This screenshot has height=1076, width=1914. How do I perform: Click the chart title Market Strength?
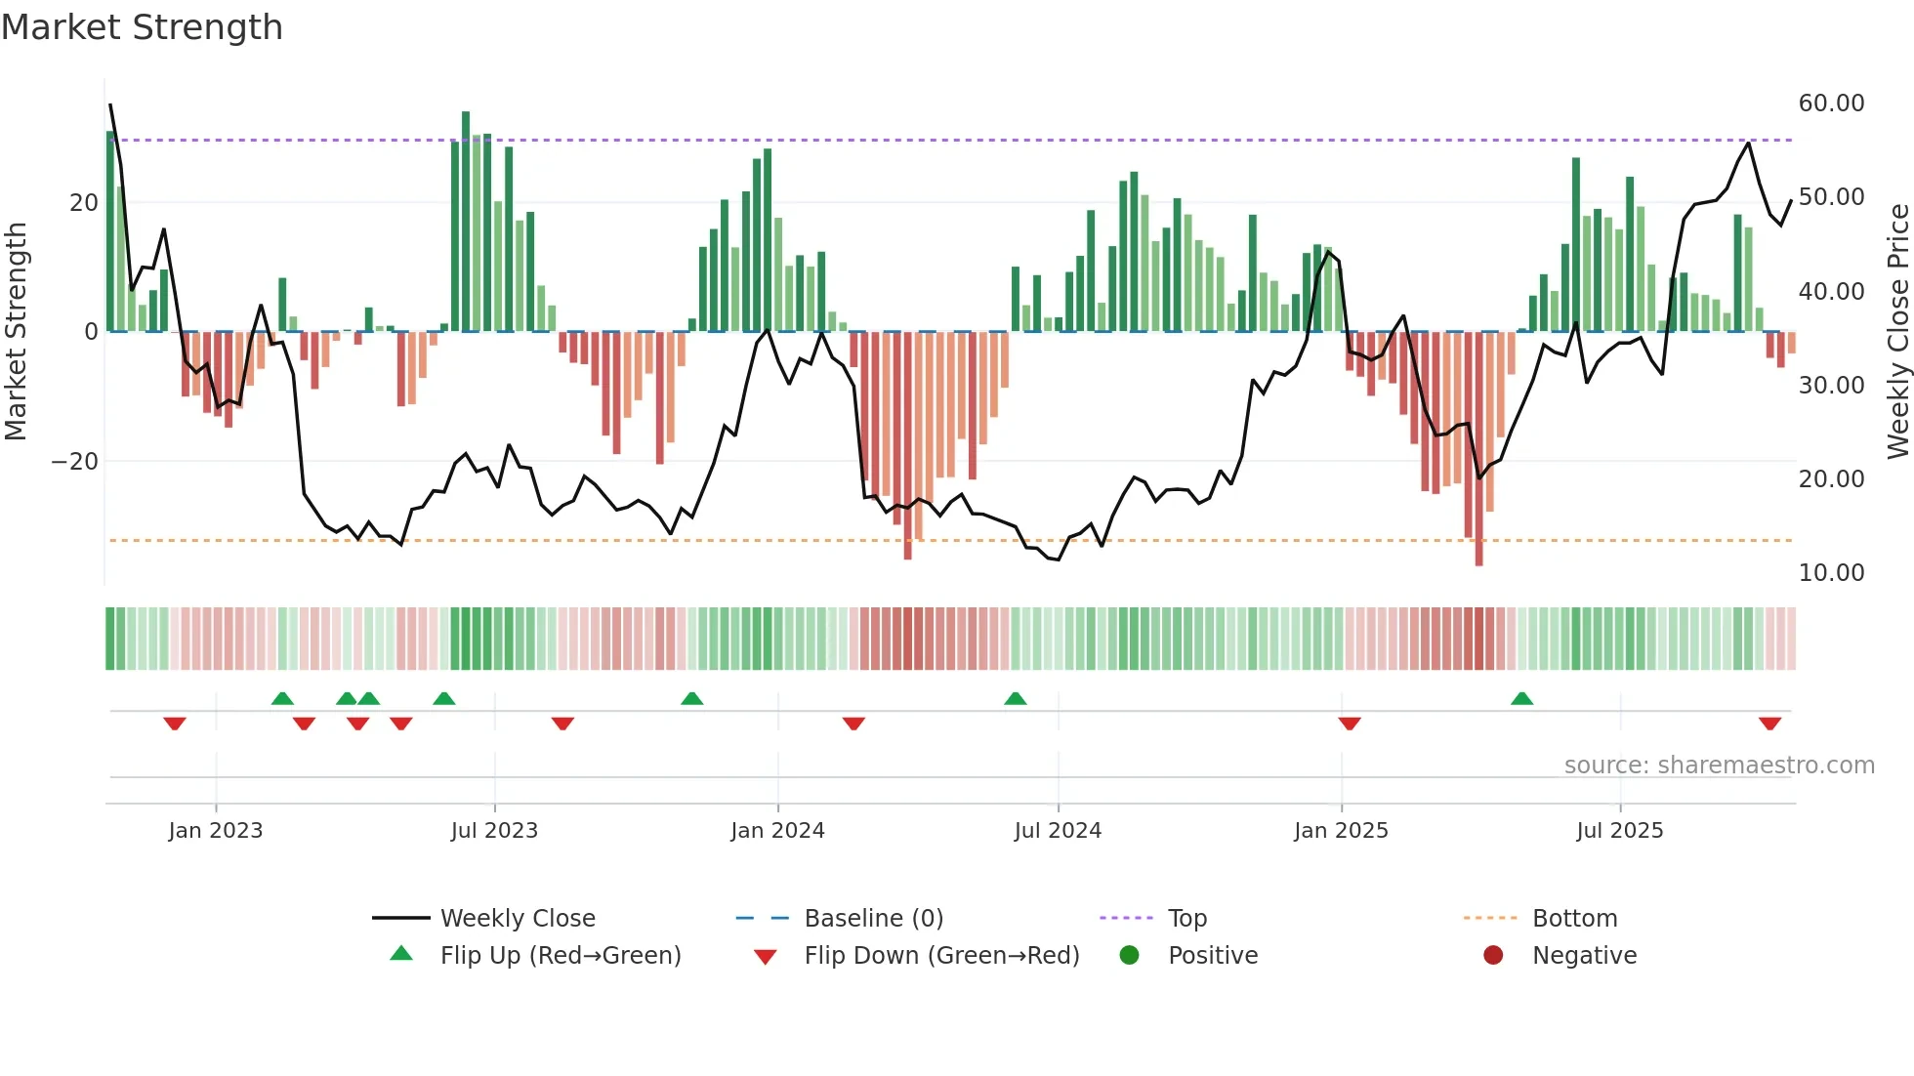[142, 27]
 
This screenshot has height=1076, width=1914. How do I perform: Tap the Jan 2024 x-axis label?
[777, 831]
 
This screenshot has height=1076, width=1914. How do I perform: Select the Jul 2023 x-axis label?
[494, 831]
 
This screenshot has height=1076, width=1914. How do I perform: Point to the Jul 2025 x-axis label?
[1619, 831]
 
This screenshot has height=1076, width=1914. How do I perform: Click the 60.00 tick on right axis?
[1831, 103]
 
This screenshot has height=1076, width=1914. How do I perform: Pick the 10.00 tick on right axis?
[1831, 573]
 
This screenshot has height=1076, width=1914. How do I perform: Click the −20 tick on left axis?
[75, 462]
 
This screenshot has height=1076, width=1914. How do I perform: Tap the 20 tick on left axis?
[84, 203]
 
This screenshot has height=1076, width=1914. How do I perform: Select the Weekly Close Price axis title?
[1897, 332]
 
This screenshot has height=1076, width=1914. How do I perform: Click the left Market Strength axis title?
[17, 332]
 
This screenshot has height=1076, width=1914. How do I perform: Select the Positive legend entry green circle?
[1130, 956]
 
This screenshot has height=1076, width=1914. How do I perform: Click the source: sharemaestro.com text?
[1719, 766]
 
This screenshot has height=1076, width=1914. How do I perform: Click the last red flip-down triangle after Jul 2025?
[1769, 724]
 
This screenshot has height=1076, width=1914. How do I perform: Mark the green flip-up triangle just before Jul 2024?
[1015, 698]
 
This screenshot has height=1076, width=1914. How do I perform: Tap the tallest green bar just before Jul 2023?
[466, 221]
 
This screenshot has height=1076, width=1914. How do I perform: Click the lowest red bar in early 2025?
[1478, 449]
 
